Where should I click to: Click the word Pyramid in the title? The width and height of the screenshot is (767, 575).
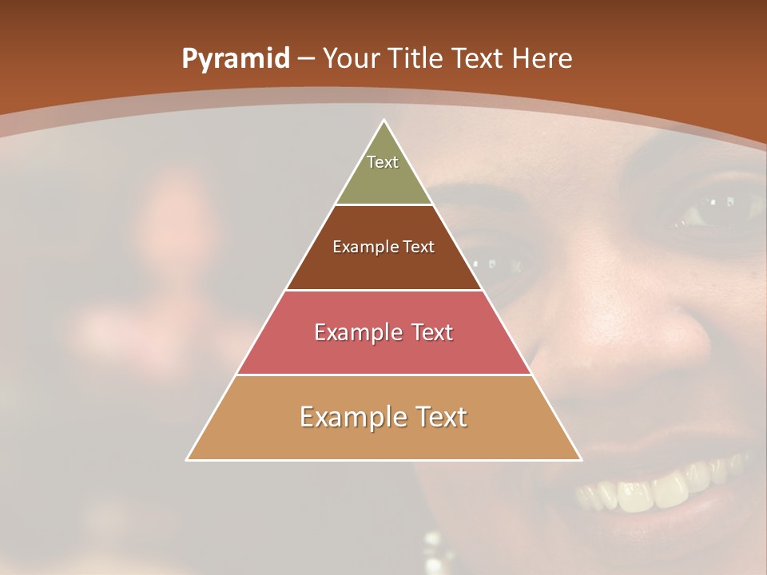click(235, 59)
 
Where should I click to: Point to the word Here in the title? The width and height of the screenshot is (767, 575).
click(542, 59)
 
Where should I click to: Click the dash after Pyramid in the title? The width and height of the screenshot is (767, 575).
click(306, 60)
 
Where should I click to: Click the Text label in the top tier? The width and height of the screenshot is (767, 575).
click(383, 162)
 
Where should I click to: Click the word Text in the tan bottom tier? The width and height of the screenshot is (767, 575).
click(440, 417)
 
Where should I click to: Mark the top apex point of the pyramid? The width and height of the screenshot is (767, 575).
click(383, 121)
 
